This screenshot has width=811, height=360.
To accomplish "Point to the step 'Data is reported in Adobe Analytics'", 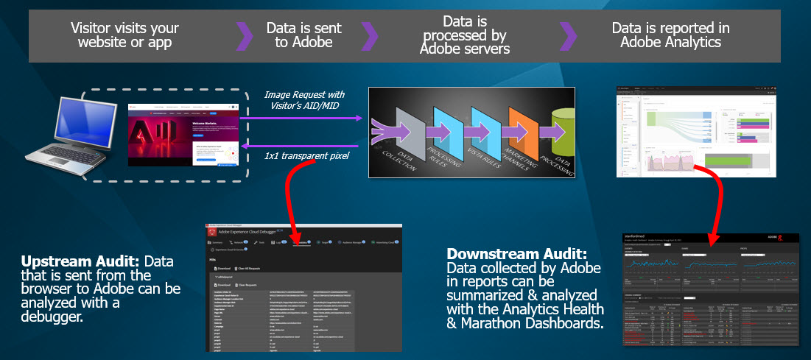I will click(670, 35).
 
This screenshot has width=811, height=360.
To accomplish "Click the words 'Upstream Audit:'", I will click(81, 261).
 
